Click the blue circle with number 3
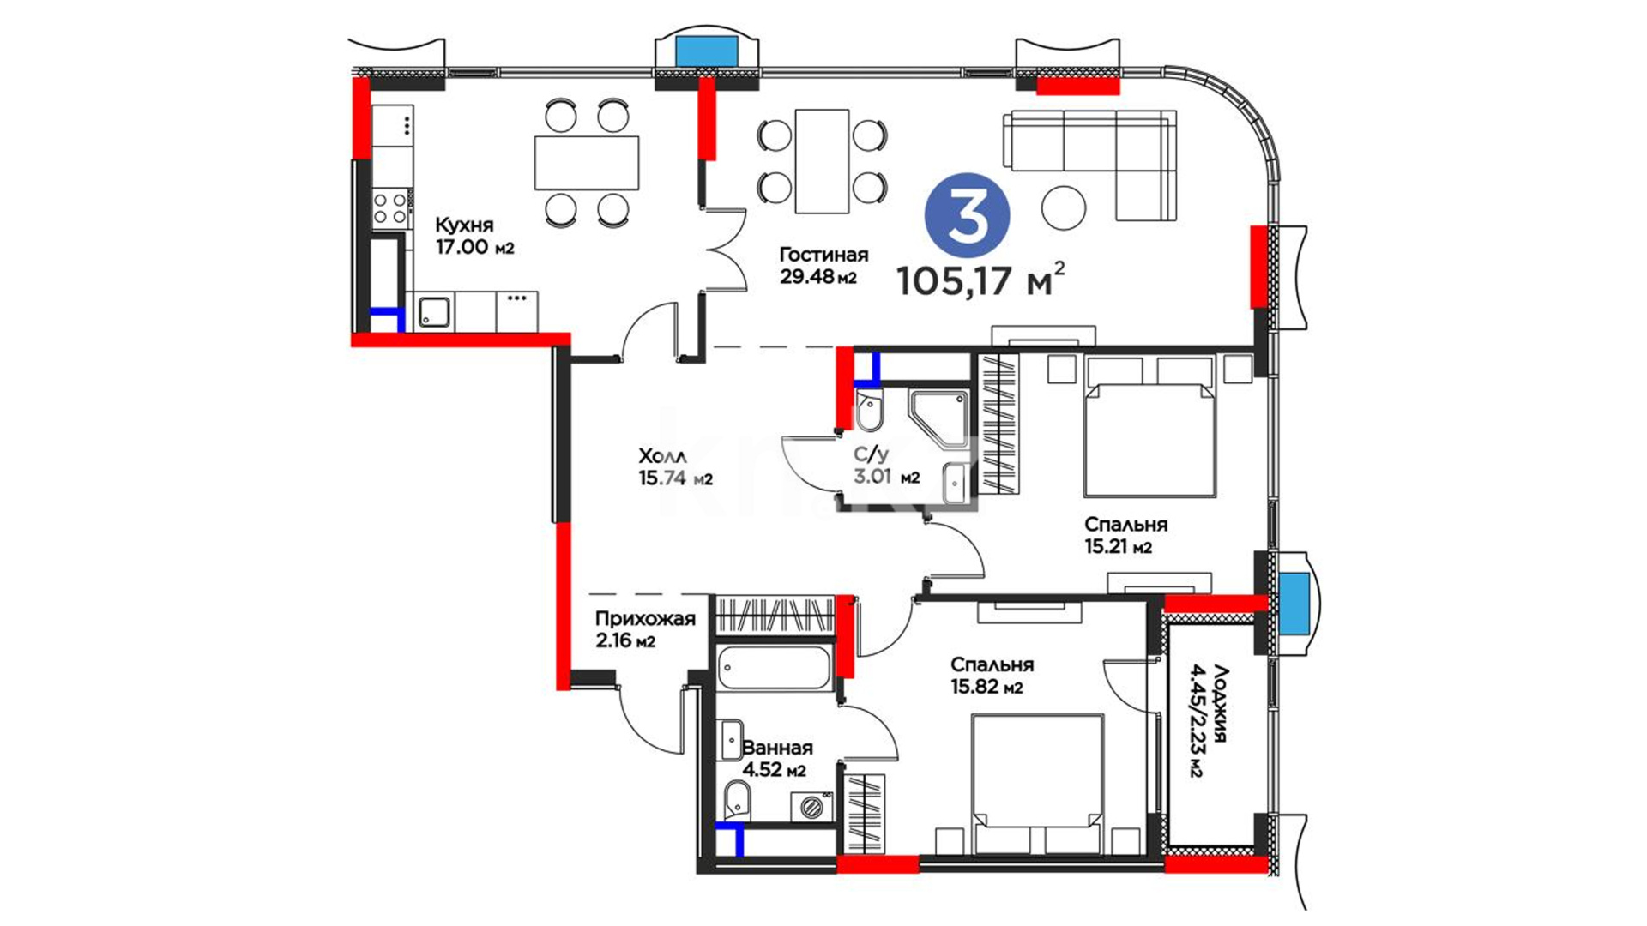point(967,214)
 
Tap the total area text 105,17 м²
point(981,280)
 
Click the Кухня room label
point(464,225)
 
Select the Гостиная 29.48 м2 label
point(823,265)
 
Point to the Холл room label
point(662,456)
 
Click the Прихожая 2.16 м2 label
point(645,629)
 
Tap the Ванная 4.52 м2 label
point(776,759)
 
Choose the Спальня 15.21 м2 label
point(1125,535)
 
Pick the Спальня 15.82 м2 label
point(992,675)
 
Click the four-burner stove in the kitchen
point(390,208)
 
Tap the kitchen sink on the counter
point(434,311)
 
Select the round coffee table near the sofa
point(1064,207)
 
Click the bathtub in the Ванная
point(774,667)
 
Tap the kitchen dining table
point(587,163)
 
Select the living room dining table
point(822,161)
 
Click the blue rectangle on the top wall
point(708,52)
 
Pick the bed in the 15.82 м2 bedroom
point(1037,783)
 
